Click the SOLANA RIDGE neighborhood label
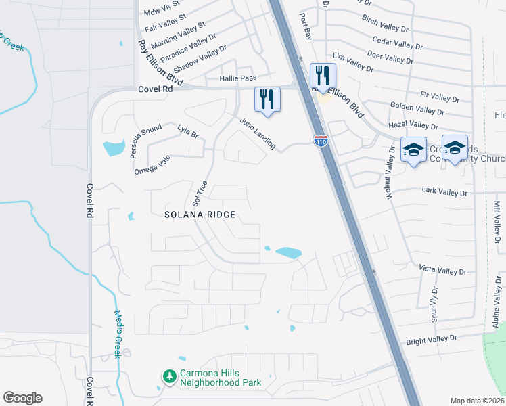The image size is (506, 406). point(200,215)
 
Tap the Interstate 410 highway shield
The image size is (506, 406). point(321,141)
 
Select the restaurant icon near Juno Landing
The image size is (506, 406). point(267,99)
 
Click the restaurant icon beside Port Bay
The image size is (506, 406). point(322,74)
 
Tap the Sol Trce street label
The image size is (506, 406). point(200,194)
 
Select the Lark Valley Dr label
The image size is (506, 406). point(444,193)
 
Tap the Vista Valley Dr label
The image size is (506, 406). point(442,270)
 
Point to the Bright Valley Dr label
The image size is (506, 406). point(432,339)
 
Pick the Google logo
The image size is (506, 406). point(22,398)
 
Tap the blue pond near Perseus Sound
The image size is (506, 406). point(113,148)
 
